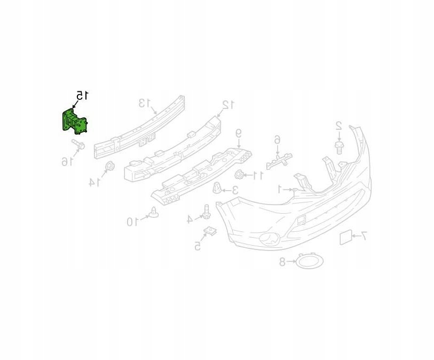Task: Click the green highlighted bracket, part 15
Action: click(x=74, y=121)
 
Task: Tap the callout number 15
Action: click(x=82, y=96)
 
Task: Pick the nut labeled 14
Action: click(x=109, y=166)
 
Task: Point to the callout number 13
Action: click(x=145, y=103)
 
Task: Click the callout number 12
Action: click(x=228, y=104)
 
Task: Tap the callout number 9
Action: click(x=239, y=133)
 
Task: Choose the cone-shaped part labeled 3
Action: click(x=218, y=188)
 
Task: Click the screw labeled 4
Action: click(x=206, y=212)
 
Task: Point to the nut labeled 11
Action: click(x=240, y=174)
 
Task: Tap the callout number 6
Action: click(x=277, y=140)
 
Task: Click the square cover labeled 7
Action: click(x=345, y=237)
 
